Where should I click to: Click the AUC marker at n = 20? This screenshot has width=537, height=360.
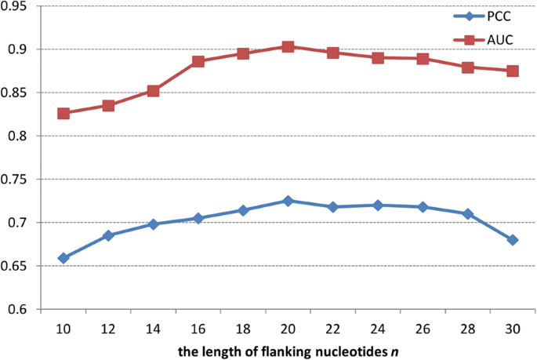tap(288, 47)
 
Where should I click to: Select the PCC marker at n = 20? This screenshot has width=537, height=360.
tap(288, 201)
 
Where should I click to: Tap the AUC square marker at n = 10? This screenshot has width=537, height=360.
tap(63, 114)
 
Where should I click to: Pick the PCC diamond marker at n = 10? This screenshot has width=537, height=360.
tap(63, 258)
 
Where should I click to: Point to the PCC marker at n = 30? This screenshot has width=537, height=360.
tap(513, 240)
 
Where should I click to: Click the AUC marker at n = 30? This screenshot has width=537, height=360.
tap(513, 71)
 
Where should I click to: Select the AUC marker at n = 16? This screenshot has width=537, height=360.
tap(198, 61)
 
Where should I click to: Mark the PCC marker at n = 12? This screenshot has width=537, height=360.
tap(108, 235)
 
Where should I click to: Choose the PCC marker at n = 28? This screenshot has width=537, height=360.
tap(467, 213)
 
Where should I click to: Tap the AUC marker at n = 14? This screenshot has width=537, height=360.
tap(154, 91)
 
